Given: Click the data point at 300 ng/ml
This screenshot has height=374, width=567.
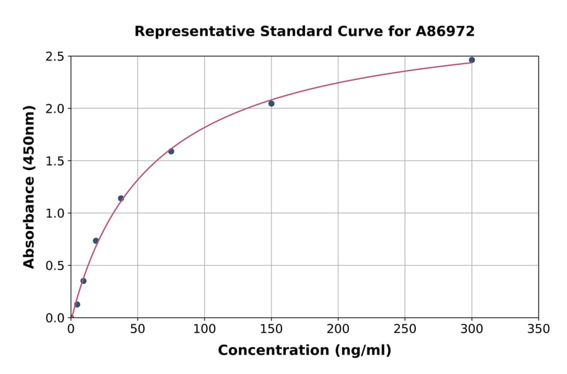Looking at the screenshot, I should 472,60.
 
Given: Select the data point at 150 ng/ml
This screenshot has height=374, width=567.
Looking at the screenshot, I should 272,103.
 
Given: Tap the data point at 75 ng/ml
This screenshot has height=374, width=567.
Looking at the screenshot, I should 171,151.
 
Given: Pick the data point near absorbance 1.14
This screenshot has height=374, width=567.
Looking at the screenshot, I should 121,198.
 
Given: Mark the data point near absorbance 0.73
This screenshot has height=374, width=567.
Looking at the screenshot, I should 96,241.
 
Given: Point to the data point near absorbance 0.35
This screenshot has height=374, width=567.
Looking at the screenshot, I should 83,281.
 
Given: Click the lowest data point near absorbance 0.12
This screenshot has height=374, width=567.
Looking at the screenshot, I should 77,304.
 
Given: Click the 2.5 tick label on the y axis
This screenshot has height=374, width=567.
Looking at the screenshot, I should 55,57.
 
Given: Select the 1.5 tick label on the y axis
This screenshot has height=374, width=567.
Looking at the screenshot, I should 55,161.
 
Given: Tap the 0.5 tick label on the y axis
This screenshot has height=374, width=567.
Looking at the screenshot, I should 55,266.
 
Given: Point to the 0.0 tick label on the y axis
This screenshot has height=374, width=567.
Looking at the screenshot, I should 55,318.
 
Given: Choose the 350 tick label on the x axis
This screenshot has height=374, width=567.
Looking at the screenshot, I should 539,329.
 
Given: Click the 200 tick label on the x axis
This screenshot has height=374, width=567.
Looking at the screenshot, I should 338,329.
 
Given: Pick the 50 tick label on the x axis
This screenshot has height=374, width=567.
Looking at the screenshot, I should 137,329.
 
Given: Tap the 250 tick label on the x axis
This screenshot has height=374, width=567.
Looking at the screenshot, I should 405,329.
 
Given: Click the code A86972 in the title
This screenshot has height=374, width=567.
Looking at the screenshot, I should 446,31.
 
